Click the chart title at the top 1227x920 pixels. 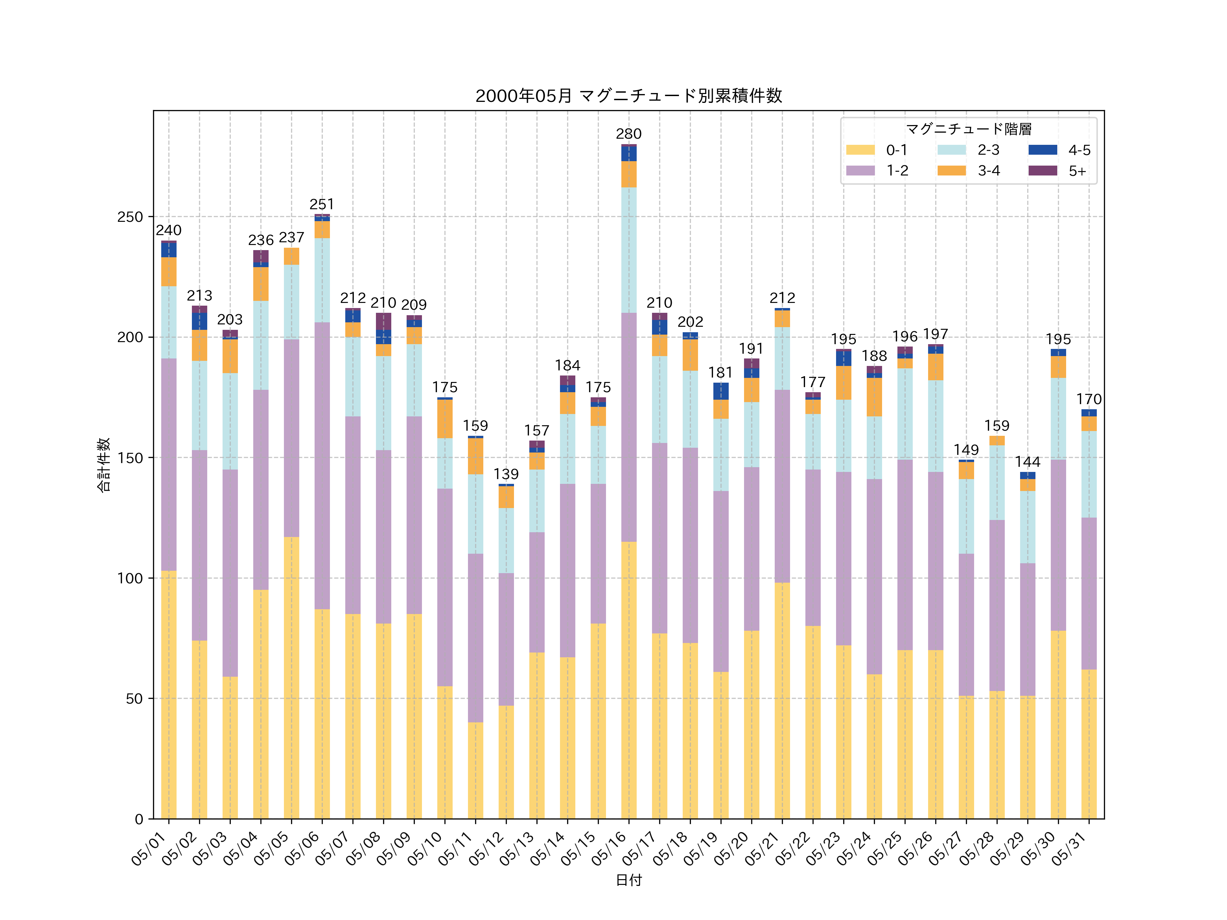click(x=628, y=96)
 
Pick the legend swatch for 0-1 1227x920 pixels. click(x=860, y=150)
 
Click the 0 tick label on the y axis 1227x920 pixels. click(x=139, y=819)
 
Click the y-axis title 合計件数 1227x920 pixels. click(x=104, y=465)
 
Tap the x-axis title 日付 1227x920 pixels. click(x=628, y=880)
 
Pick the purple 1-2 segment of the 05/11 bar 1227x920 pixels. click(x=475, y=638)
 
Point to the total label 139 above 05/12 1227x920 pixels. click(x=506, y=474)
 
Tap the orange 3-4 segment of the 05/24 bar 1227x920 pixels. click(x=874, y=397)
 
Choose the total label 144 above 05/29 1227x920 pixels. click(x=1027, y=462)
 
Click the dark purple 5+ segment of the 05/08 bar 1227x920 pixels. click(x=383, y=321)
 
